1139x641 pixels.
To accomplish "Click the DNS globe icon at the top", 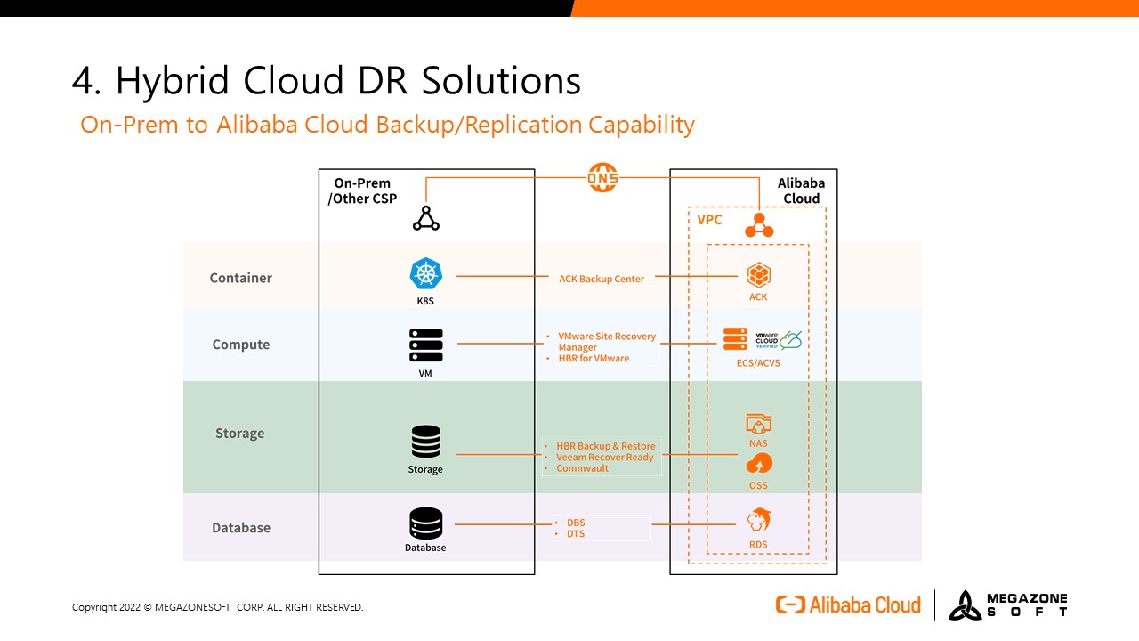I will coord(602,177).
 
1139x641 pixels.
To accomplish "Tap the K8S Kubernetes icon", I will coord(426,274).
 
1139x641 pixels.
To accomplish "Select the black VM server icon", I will coord(426,345).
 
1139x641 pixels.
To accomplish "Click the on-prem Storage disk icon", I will coord(426,442).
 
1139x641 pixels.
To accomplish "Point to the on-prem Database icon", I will coord(426,523).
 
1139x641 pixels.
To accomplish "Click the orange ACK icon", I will coord(758,274).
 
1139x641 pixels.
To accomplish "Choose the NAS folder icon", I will coord(758,424).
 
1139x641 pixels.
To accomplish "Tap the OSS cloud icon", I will coord(759,464).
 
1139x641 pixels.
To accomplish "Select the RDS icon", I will coord(758,520).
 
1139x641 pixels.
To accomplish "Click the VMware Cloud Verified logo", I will coord(779,340).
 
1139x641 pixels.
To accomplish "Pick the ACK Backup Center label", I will coord(602,279).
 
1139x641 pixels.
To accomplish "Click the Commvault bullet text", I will coord(582,468).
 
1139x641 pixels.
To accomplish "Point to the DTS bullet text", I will coord(576,534).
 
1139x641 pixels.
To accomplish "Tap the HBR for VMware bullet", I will coord(594,359).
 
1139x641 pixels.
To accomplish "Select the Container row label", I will coord(240,278).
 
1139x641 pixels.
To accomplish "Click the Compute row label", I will coord(240,345).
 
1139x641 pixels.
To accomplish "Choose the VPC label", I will coord(709,220).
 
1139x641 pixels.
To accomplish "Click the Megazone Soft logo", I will coord(1007,605).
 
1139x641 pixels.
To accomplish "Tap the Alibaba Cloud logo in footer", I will coord(848,605).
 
